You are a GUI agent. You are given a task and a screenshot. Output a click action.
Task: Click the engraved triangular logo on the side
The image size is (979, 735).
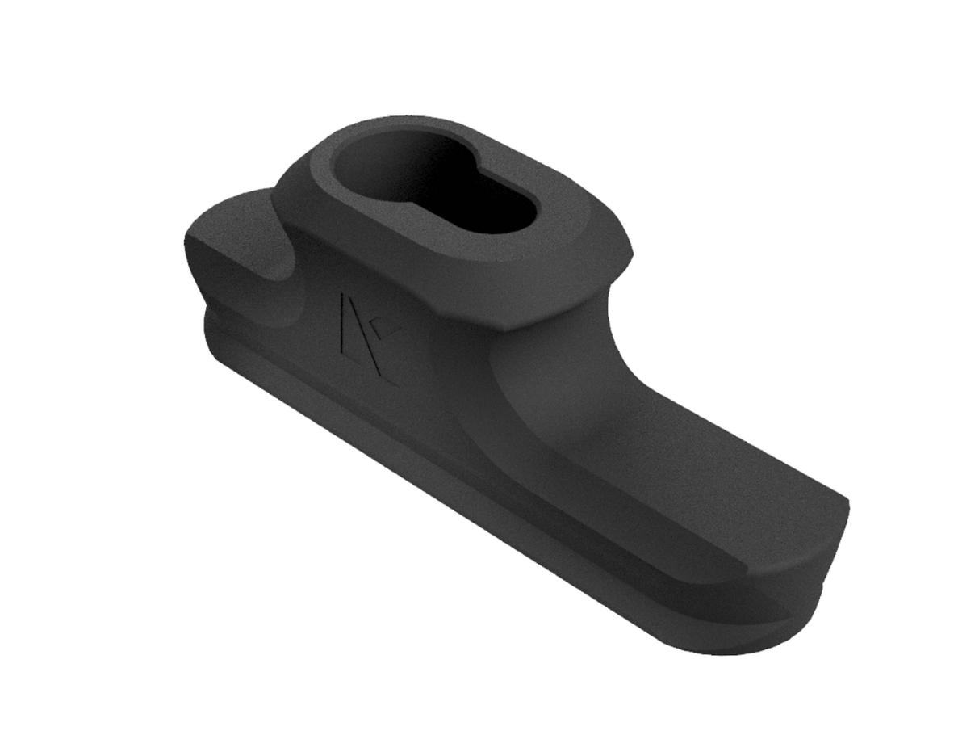pos(363,335)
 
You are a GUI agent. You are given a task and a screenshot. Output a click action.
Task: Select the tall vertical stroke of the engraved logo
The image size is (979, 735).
pos(343,323)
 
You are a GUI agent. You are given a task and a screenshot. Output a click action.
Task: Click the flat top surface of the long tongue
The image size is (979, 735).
pos(710,468)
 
